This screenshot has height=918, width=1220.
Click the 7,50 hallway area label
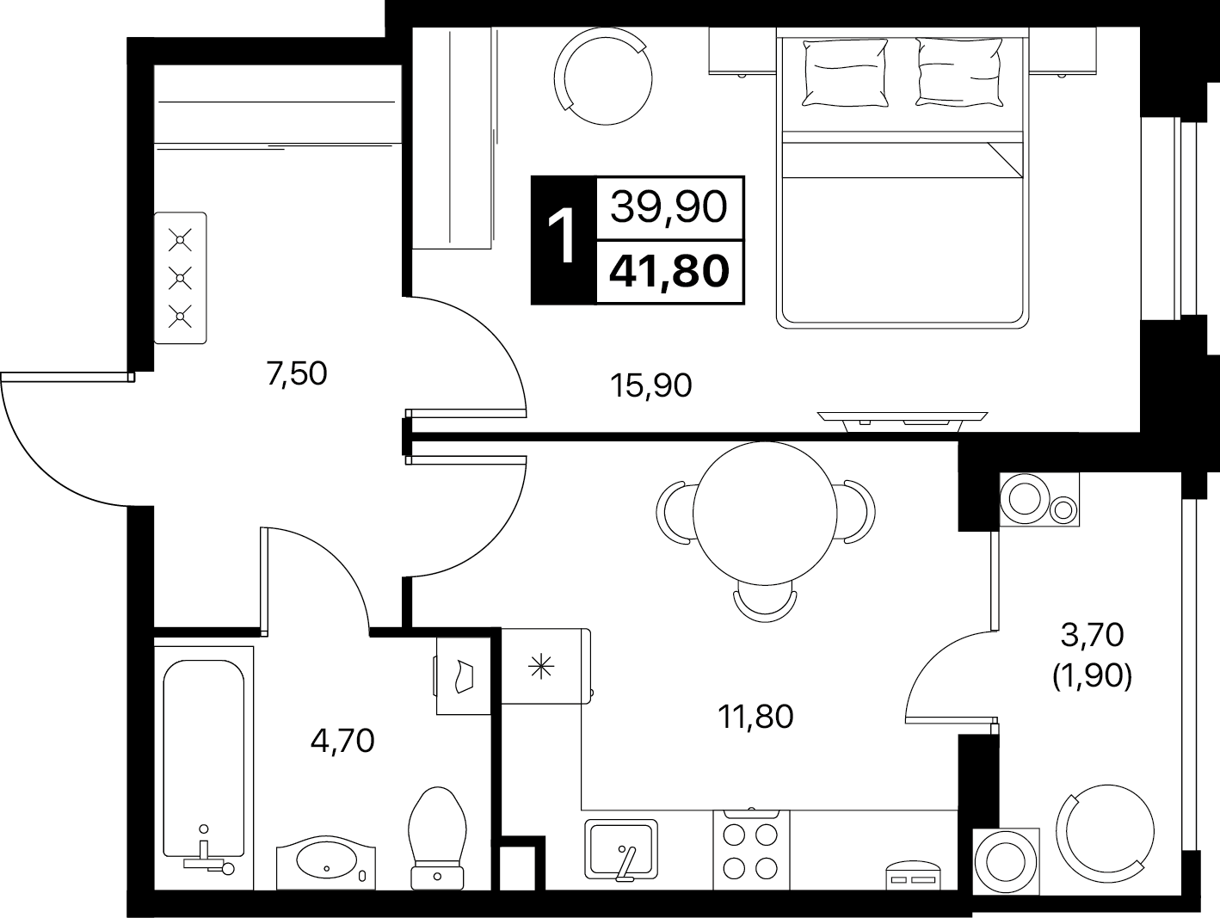coord(297,373)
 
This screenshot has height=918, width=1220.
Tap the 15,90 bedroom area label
coord(650,385)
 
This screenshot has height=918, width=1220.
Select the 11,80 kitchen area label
coord(755,717)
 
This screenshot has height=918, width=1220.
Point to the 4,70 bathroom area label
coord(342,740)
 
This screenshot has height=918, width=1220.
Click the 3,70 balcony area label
coord(1092,635)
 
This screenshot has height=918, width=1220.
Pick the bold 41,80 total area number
coord(669,272)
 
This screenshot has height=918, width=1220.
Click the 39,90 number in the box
coord(669,206)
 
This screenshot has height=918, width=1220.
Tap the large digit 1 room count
coord(563,236)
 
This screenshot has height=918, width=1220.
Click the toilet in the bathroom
coord(437,838)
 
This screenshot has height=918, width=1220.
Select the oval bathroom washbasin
coord(326,864)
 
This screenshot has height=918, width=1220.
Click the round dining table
coord(765,514)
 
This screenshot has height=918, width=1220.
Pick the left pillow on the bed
coord(844,72)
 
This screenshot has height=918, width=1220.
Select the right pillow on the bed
coord(959,71)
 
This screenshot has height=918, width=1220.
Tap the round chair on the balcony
coord(1105,834)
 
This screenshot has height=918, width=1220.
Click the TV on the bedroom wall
coord(903,422)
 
